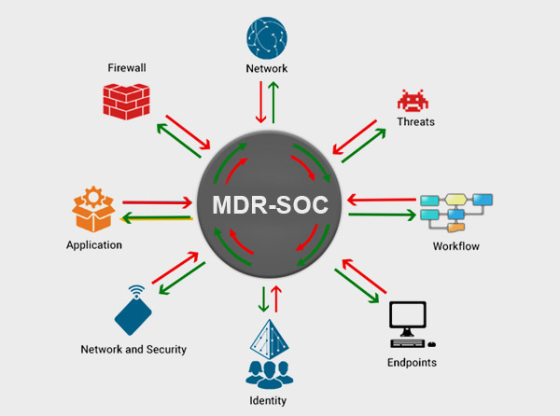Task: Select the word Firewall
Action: pos(128,68)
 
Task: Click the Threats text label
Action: pos(415,122)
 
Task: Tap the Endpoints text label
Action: pos(412,361)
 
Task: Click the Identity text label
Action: pos(268,400)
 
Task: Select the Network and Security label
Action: pos(133,350)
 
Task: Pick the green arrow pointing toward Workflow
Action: pos(382,216)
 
